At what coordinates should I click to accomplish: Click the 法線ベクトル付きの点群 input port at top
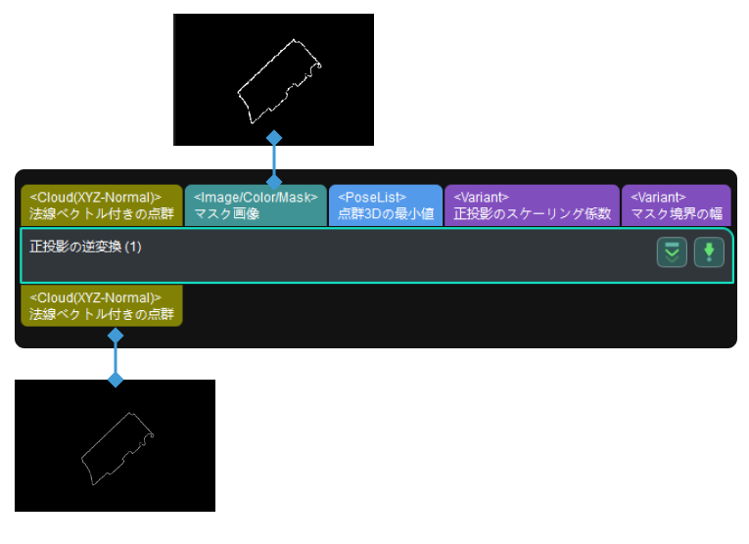point(102,205)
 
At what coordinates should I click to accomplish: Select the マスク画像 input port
point(256,205)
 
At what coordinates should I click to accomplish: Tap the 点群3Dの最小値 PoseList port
point(386,205)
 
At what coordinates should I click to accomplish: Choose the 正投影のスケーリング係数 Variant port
point(532,205)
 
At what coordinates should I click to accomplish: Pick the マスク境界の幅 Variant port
point(677,205)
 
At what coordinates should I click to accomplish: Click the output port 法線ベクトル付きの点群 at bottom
point(102,305)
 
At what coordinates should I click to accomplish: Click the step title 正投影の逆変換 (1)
point(86,247)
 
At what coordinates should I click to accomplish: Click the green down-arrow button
point(709,252)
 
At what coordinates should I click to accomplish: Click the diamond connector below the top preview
point(274,138)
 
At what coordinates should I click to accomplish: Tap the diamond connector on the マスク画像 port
point(274,181)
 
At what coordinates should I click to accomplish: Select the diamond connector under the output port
point(116,336)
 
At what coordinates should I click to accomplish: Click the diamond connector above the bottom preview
point(116,380)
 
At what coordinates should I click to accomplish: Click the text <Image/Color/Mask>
point(256,198)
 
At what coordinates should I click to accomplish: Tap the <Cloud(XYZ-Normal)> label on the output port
point(96,297)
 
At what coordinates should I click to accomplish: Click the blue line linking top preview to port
point(274,159)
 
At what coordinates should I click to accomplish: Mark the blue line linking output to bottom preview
point(116,358)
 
